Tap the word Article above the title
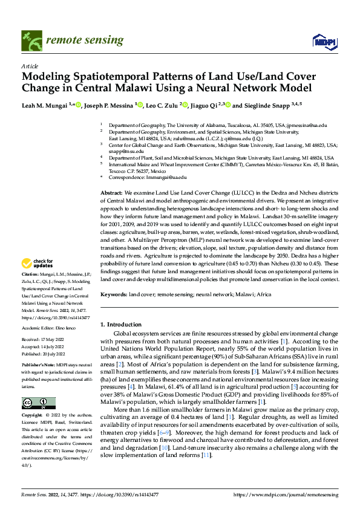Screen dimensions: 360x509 click(x=30, y=66)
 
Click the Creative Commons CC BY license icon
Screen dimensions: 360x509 click(x=39, y=403)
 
